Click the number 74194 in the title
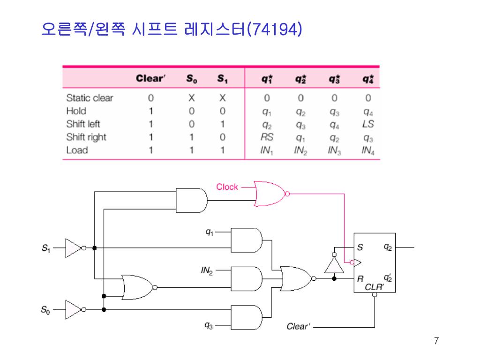[x=275, y=30]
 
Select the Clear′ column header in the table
[x=150, y=79]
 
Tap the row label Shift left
[x=83, y=124]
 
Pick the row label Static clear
[x=90, y=98]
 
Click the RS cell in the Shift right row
[x=267, y=137]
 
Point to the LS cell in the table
[x=368, y=124]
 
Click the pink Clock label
[x=227, y=187]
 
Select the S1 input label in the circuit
[x=45, y=248]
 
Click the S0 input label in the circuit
[x=45, y=309]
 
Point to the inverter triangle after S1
[x=73, y=248]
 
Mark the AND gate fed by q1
[x=246, y=240]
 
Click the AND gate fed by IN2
[x=246, y=278]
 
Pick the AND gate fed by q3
[x=246, y=317]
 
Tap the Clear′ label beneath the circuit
[x=298, y=326]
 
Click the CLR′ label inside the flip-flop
[x=374, y=287]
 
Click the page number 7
[x=436, y=341]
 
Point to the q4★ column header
[x=368, y=79]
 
